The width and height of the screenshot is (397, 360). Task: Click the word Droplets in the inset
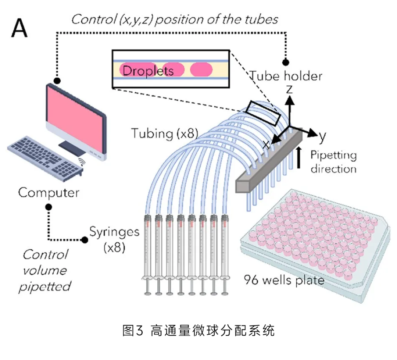click(148, 70)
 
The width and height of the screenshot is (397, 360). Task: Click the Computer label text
click(49, 192)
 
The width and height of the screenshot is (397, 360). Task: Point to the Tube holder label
click(286, 76)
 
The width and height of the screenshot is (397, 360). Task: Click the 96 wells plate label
click(284, 281)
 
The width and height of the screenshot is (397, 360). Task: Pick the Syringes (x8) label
click(114, 239)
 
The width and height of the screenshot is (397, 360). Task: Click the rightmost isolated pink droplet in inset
click(201, 69)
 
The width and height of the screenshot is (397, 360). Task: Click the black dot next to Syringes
click(85, 240)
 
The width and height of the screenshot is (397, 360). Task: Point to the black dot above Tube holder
click(286, 62)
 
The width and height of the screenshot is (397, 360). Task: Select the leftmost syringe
click(148, 254)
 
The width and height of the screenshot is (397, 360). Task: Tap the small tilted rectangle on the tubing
click(263, 113)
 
